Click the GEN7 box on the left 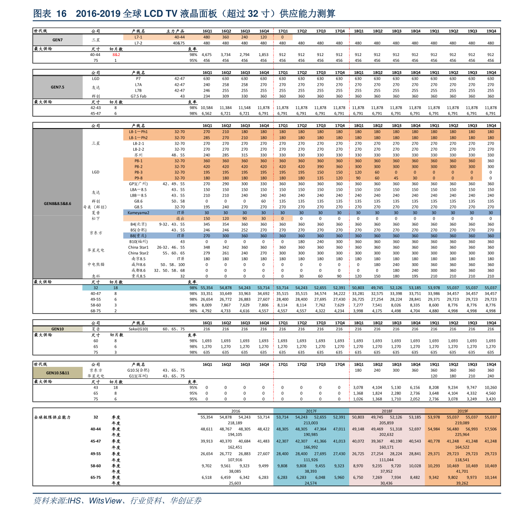(58, 40)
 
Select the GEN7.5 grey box (58, 87)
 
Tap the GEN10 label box (58, 329)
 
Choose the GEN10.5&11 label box (58, 373)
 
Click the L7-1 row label (139, 37)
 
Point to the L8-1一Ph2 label (138, 138)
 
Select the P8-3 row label (139, 173)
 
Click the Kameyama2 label (139, 213)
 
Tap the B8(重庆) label (138, 236)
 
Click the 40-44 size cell (179, 37)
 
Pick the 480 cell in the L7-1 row (207, 37)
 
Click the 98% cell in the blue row (193, 288)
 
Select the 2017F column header (311, 411)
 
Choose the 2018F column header (387, 411)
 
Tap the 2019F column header (462, 411)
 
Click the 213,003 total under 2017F (311, 423)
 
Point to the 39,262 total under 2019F (462, 483)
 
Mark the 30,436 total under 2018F (386, 483)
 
